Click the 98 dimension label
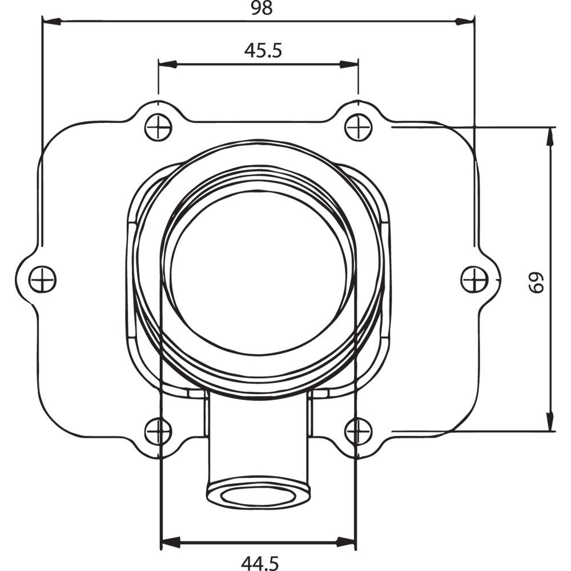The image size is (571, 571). (x=262, y=8)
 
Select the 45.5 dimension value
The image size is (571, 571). (x=263, y=51)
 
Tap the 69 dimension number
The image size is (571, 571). (x=536, y=282)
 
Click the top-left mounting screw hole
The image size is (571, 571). (x=158, y=127)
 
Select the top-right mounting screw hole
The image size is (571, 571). (x=359, y=127)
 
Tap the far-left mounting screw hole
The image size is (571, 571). (x=42, y=280)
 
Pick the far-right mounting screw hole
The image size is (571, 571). (x=475, y=280)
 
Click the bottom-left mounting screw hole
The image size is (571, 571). (x=158, y=431)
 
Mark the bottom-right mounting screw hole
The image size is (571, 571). (x=359, y=431)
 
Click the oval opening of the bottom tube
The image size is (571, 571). (x=258, y=494)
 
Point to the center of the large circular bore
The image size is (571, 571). (x=258, y=273)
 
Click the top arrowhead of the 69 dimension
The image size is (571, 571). (x=550, y=136)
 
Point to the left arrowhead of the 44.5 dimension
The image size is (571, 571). (x=171, y=541)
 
